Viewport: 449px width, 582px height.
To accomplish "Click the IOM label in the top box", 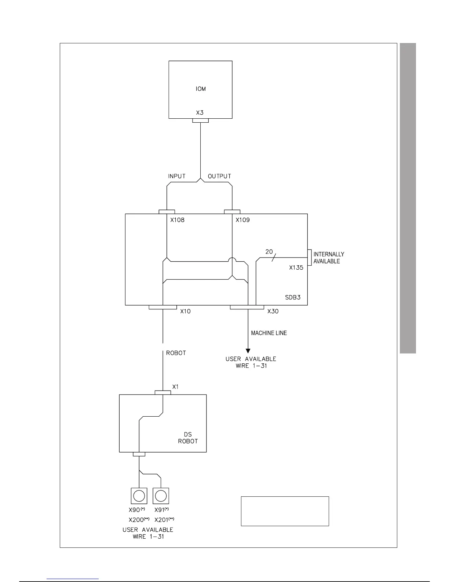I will coord(201,89).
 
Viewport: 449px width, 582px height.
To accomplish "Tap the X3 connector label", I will coord(200,113).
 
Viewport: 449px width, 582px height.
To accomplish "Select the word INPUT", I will coord(177,176).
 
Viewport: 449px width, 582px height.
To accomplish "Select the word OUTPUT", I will coord(219,176).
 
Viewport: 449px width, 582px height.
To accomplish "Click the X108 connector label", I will coord(178,220).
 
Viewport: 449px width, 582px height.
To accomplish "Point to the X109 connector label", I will coord(242,220).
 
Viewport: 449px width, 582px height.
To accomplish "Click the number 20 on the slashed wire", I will coord(269,252).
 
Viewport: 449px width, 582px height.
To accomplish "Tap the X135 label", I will coord(296,268).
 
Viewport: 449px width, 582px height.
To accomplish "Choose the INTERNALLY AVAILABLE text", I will coord(329,258).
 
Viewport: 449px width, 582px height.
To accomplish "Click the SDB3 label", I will coord(293,297).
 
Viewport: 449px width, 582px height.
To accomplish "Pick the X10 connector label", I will coord(185,311).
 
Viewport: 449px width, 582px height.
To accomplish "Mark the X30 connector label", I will coord(273,311).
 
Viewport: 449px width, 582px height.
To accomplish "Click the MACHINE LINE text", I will coord(269,333).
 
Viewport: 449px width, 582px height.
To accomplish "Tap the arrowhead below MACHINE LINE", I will coord(248,351).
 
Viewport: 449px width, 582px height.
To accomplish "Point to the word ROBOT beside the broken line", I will coord(176,353).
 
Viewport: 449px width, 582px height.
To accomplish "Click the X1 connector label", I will coord(175,387).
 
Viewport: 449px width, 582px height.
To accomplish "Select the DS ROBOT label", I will coord(188,438).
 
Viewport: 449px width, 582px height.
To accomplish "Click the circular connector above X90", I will coord(139,496).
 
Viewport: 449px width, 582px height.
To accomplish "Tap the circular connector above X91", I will coord(161,496).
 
